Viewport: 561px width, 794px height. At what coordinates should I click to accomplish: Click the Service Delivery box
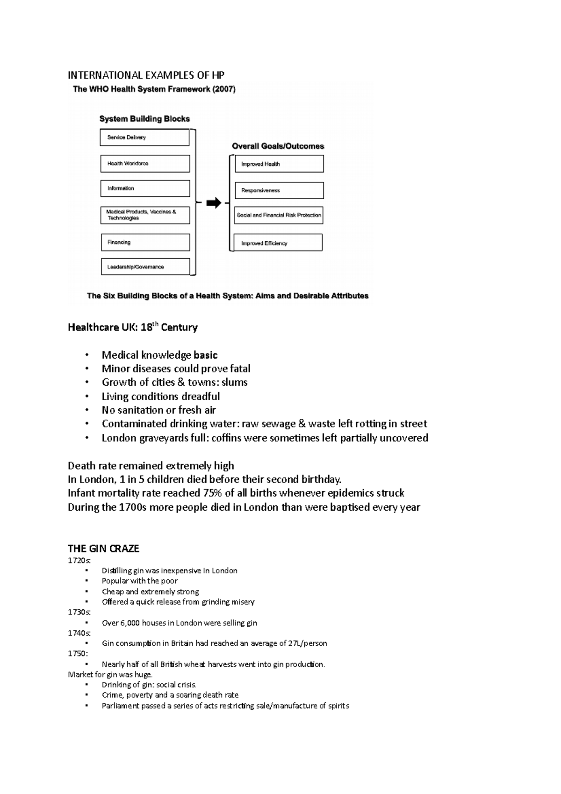point(144,137)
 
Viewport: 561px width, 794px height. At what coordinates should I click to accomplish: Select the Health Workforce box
point(145,164)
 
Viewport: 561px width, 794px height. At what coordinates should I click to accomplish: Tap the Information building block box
point(145,188)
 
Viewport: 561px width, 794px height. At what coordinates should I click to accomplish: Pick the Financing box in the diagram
point(145,242)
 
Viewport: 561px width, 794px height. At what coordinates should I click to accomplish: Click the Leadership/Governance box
point(145,267)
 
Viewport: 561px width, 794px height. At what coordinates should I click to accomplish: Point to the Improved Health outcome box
point(279,164)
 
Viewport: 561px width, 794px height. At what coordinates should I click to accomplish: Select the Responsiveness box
point(279,190)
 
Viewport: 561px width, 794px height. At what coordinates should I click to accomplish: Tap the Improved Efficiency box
point(278,243)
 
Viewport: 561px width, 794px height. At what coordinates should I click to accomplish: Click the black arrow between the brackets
point(214,203)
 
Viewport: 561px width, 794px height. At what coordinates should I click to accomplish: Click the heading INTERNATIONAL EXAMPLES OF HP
point(146,75)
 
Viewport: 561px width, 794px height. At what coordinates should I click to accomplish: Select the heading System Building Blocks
point(144,119)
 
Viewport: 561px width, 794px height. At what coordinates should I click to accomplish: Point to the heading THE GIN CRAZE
point(103,549)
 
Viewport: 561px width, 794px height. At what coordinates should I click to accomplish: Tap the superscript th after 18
point(157,324)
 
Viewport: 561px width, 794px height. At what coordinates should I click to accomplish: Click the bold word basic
point(206,355)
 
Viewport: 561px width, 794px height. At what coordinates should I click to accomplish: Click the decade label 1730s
point(79,612)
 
